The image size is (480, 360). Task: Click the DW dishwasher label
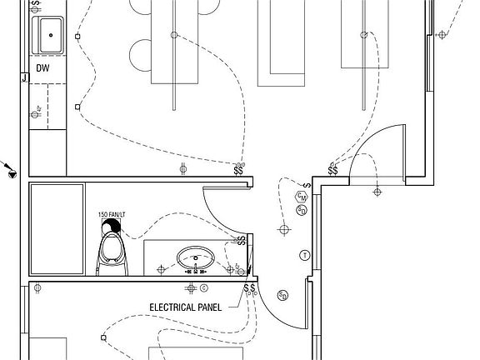(42, 68)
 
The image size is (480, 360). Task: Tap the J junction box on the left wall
(24, 79)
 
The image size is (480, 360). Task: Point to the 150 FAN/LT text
(111, 214)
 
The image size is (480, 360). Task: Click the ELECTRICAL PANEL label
(185, 307)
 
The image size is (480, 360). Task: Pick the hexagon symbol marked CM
(302, 197)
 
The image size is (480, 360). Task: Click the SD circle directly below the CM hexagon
(302, 210)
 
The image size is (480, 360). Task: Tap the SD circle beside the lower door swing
(283, 295)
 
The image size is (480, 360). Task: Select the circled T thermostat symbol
(305, 253)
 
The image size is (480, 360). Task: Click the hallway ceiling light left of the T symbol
(284, 228)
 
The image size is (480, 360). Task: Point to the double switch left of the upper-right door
(332, 171)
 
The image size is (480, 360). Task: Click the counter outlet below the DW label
(36, 111)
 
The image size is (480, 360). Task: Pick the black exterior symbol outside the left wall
(12, 172)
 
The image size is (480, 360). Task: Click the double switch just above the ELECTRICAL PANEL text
(248, 288)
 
